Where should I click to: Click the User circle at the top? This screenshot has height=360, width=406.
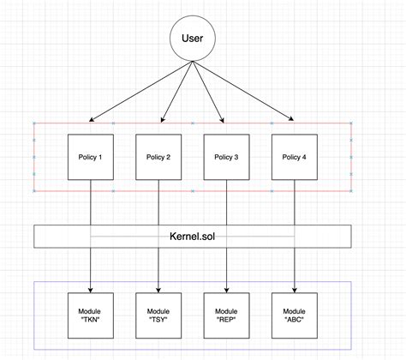pyautogui.click(x=192, y=38)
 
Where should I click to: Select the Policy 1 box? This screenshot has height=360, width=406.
pyautogui.click(x=90, y=157)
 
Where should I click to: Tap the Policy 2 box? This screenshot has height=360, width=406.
pyautogui.click(x=158, y=157)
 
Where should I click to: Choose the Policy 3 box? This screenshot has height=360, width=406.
pyautogui.click(x=226, y=157)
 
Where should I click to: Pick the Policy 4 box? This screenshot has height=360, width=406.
pyautogui.click(x=294, y=157)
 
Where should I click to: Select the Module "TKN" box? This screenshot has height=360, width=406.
pyautogui.click(x=90, y=316)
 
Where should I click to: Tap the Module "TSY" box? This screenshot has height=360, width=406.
pyautogui.click(x=158, y=316)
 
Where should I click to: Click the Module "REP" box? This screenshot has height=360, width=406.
pyautogui.click(x=226, y=316)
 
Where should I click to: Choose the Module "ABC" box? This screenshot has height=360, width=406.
pyautogui.click(x=294, y=316)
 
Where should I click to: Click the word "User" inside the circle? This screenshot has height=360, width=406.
pyautogui.click(x=192, y=38)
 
